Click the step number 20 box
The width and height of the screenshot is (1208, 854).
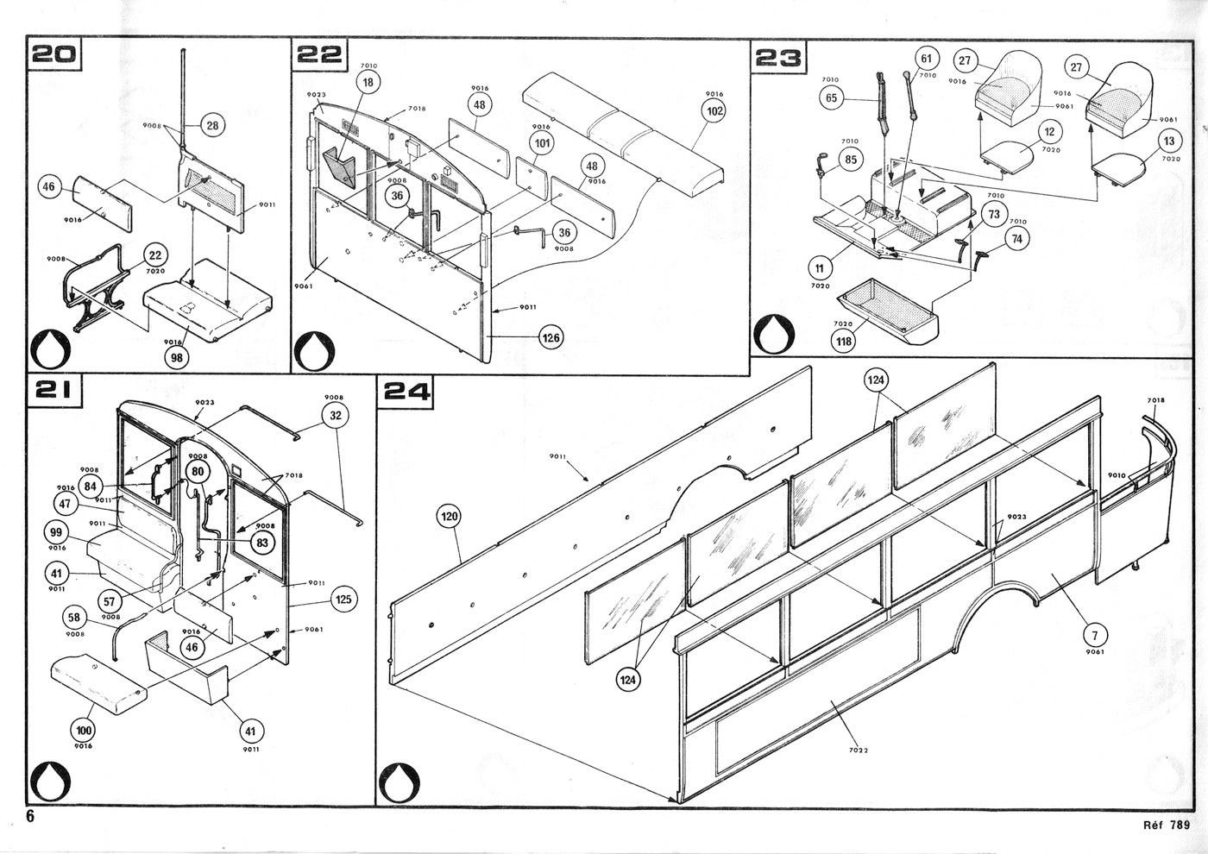tap(54, 54)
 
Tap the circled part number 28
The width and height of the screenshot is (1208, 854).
tap(211, 125)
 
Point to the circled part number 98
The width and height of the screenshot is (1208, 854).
tap(179, 357)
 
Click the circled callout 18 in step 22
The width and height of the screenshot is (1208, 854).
tap(368, 82)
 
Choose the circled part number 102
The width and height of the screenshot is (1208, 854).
tap(714, 110)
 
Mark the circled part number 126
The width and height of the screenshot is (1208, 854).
tap(551, 337)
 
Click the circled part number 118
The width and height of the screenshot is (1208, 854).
tap(843, 341)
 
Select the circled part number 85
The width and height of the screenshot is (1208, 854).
tap(851, 160)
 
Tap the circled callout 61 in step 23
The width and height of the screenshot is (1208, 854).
tap(926, 59)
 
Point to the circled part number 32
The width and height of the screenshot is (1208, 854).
tap(335, 415)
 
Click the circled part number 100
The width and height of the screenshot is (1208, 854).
tap(83, 730)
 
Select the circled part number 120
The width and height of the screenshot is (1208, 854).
tap(450, 517)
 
